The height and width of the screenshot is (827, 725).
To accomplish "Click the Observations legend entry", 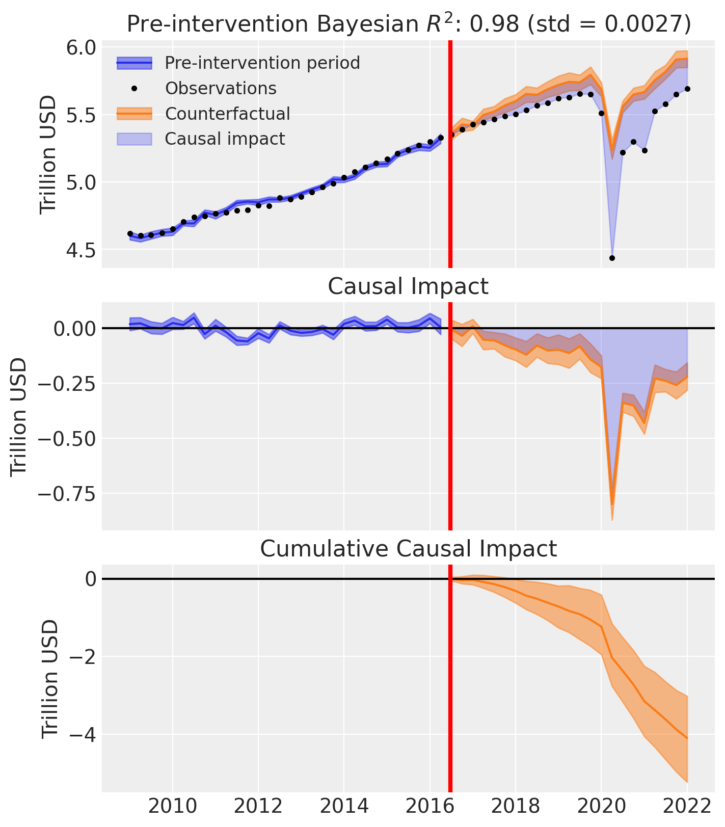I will (221, 88).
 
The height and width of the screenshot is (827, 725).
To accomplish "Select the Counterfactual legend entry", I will (227, 114).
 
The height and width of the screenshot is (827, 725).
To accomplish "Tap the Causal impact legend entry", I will (225, 139).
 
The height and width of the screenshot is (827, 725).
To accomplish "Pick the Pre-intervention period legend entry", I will (262, 63).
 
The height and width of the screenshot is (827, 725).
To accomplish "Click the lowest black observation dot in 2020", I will (612, 258).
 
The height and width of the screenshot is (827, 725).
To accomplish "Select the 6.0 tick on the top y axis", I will (82, 48).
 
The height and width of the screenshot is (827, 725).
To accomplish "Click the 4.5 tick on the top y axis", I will (82, 250).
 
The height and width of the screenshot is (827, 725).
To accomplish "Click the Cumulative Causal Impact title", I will (408, 549).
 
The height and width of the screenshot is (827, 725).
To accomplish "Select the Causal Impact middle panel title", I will (408, 286).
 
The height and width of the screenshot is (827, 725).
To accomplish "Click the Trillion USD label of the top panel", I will (49, 153).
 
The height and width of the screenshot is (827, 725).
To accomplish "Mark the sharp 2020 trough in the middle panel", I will (612, 504).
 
